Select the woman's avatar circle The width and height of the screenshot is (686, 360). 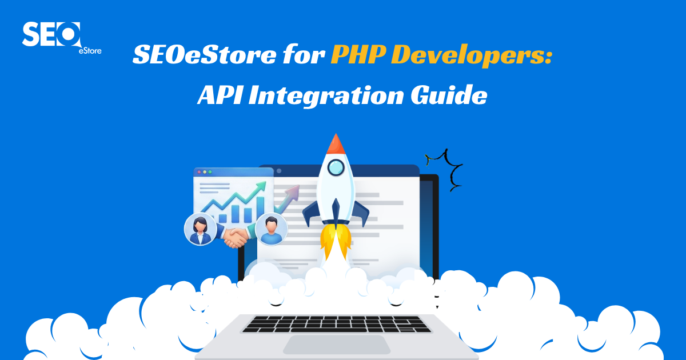click(x=200, y=229)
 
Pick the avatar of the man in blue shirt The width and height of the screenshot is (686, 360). click(x=272, y=228)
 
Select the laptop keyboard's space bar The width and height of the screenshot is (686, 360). click(x=337, y=330)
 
